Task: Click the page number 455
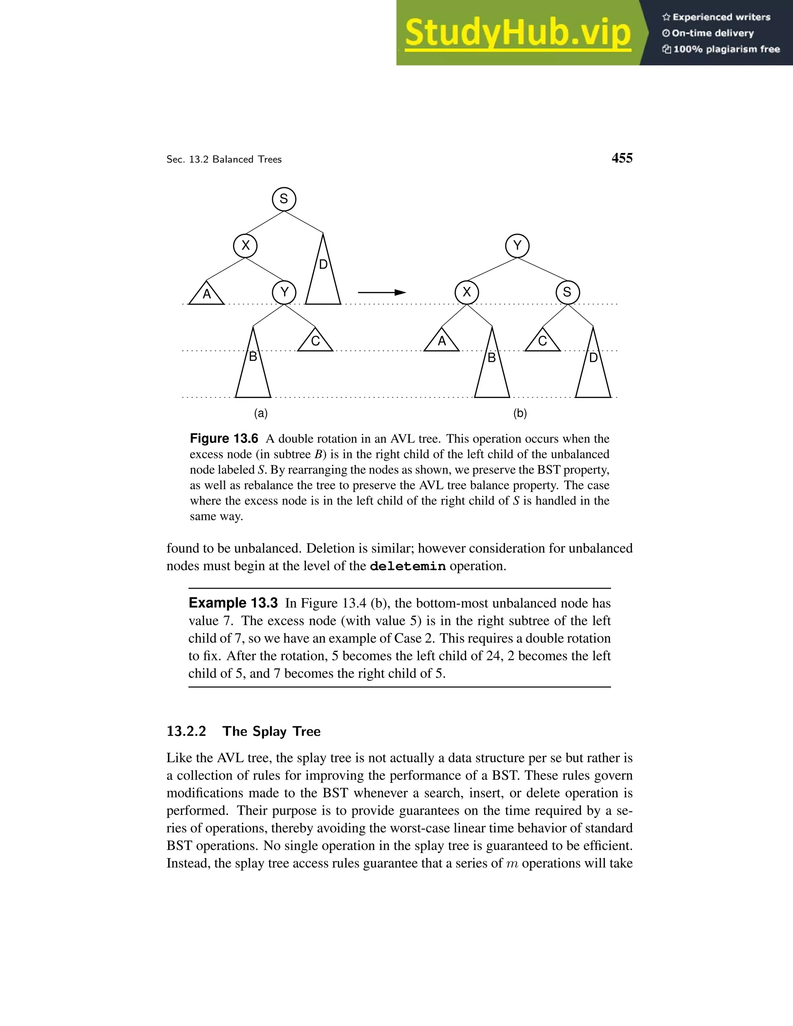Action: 621,158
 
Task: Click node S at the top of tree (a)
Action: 284,199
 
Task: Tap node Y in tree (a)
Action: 284,292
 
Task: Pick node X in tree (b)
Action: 467,292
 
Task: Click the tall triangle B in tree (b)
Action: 492,369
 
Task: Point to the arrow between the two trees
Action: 381,293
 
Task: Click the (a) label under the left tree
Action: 261,413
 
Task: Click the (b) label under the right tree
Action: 520,413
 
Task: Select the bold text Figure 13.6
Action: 224,439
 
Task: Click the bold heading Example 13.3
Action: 233,603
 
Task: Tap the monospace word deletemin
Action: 407,566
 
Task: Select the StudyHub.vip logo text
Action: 517,33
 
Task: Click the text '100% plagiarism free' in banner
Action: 726,49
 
